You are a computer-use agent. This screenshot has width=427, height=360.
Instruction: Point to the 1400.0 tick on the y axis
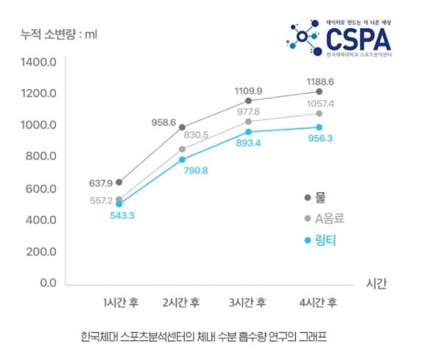click(39, 62)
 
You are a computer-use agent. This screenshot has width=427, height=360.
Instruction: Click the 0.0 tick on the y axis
click(47, 283)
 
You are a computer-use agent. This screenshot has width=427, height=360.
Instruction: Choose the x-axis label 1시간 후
click(121, 303)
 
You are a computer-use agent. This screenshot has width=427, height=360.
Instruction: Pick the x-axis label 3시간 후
click(247, 303)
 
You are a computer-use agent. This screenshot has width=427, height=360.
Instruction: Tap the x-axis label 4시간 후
click(318, 303)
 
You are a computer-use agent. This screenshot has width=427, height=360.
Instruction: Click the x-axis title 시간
click(375, 283)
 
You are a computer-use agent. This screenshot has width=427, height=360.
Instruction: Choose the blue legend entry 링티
click(325, 239)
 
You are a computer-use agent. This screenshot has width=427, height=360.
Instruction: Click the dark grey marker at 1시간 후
click(119, 182)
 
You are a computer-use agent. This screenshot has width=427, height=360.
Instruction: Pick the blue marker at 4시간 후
click(319, 127)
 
